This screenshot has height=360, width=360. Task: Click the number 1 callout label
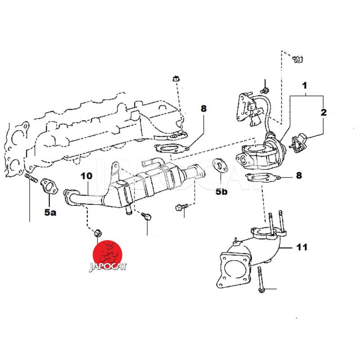tap(305, 85)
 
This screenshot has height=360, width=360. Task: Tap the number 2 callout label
tap(323, 112)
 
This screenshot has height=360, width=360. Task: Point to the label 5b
tap(222, 192)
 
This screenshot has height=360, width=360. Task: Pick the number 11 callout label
tap(301, 247)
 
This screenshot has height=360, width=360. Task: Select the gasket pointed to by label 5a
tap(48, 187)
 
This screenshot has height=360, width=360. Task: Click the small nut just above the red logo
tap(96, 233)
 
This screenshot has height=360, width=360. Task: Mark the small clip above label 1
tap(297, 59)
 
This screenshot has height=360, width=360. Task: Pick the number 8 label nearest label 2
tap(299, 175)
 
